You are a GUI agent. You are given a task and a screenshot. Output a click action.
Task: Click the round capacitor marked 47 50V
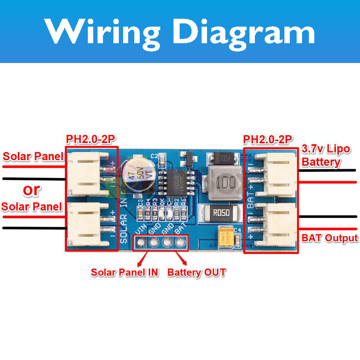pos(139,173)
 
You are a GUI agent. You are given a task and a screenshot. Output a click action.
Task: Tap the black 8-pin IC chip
pos(177,183)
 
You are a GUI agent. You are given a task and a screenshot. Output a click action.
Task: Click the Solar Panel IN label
pos(125,273)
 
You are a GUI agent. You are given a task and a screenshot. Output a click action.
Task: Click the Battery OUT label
pos(197,273)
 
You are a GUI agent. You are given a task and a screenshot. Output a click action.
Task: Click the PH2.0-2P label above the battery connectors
pos(268,139)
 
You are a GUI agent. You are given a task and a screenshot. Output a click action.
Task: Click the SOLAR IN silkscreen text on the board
pos(124,224)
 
